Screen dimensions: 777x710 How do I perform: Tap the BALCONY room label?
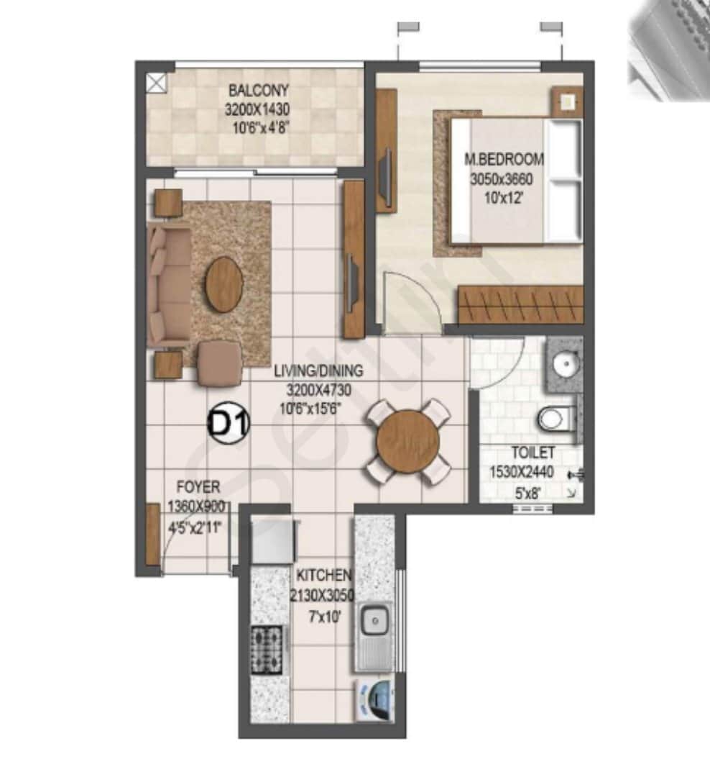[x=259, y=91]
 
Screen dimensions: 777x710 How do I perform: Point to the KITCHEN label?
[x=324, y=576]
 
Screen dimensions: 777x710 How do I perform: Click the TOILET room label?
[x=532, y=453]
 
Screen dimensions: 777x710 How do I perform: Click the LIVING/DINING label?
[x=318, y=372]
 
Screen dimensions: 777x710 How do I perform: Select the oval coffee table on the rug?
[x=223, y=283]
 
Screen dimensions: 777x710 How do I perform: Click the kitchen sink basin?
[x=374, y=620]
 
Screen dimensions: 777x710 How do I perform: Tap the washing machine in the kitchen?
[x=376, y=701]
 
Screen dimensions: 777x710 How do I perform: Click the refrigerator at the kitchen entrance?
[x=274, y=540]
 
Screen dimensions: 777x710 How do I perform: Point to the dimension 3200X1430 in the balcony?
[x=258, y=110]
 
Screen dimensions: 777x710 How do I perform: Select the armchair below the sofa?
[x=219, y=363]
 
